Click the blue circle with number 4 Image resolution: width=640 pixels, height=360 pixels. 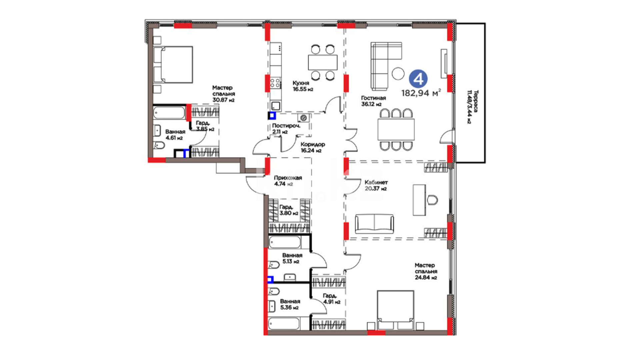pyautogui.click(x=418, y=79)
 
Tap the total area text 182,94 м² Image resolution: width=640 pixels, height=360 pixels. pyautogui.click(x=421, y=93)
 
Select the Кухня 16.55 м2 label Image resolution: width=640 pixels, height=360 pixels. pyautogui.click(x=303, y=86)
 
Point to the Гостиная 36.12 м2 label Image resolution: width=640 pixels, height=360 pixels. pyautogui.click(x=373, y=101)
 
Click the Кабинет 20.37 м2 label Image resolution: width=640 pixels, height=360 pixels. pyautogui.click(x=376, y=185)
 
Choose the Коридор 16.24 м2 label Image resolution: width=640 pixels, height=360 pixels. pyautogui.click(x=312, y=147)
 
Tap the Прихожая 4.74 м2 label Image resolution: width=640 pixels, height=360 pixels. pyautogui.click(x=288, y=181)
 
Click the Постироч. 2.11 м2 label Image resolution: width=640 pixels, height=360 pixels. pyautogui.click(x=286, y=129)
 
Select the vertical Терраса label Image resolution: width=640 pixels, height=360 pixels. pyautogui.click(x=472, y=107)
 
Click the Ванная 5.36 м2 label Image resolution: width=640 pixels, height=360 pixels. pyautogui.click(x=290, y=304)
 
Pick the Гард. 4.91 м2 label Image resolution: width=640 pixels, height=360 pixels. pyautogui.click(x=331, y=299)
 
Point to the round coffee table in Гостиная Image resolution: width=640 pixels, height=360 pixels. pyautogui.click(x=398, y=73)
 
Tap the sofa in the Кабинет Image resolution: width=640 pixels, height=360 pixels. pyautogui.click(x=374, y=224)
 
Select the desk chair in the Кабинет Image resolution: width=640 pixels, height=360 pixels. pyautogui.click(x=432, y=200)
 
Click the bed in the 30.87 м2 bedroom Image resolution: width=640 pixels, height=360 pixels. pyautogui.click(x=173, y=65)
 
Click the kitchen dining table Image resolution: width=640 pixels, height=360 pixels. pyautogui.click(x=322, y=62)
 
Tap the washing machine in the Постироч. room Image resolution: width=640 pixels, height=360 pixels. pyautogui.click(x=303, y=118)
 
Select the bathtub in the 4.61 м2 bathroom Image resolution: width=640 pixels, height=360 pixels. pyautogui.click(x=169, y=113)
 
